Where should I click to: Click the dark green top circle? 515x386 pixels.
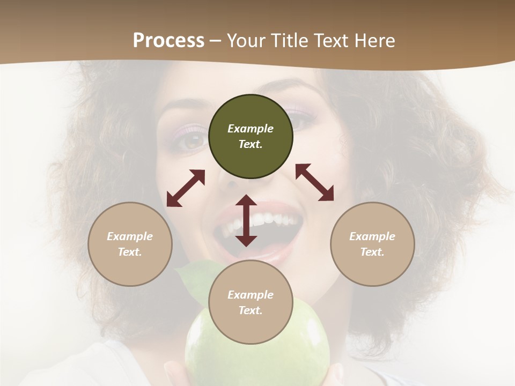[251, 136]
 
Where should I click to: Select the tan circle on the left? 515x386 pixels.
[130, 244]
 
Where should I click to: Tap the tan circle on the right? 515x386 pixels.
[372, 244]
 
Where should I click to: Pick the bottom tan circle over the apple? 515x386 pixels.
[251, 302]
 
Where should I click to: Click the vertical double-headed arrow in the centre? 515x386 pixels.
[246, 220]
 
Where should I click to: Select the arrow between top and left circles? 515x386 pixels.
[186, 188]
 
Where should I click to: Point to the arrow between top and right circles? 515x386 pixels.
[315, 182]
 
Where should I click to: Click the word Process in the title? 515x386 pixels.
[168, 40]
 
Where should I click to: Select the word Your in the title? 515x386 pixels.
[246, 40]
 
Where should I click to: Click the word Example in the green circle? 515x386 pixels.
[251, 129]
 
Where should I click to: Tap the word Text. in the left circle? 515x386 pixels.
[130, 252]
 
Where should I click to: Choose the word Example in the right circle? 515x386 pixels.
[372, 236]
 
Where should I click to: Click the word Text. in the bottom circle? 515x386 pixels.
[251, 310]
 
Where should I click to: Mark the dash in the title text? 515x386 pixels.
[216, 40]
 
